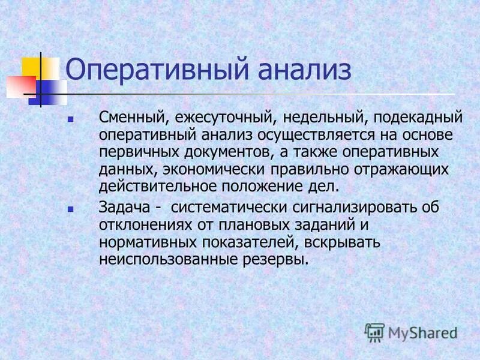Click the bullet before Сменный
pyautogui.click(x=71, y=121)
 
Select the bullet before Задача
pyautogui.click(x=71, y=210)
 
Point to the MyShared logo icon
pyautogui.click(x=374, y=331)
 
